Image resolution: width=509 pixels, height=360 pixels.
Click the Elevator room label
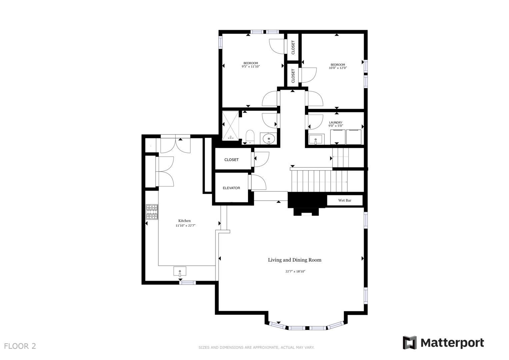231,188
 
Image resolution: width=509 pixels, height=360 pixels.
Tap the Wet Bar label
345,200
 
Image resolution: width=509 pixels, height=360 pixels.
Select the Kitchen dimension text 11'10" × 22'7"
185,226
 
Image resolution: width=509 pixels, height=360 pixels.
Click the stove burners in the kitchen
152,212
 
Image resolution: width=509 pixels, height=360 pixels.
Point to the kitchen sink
180,271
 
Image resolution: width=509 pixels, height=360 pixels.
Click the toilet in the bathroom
250,137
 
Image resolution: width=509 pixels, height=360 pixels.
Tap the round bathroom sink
269,138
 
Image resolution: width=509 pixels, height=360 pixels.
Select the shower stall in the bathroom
231,126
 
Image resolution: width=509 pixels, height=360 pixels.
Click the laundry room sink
316,139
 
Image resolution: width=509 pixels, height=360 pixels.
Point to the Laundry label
336,123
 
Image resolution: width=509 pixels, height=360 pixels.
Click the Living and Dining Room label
295,260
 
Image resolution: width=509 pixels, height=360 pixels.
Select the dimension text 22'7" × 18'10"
295,271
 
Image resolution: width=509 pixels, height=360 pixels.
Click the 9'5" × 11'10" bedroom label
251,65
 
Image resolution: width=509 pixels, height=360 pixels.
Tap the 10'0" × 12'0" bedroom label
338,66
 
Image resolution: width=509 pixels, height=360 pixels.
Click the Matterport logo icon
410,343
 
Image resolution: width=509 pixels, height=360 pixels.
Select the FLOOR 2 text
20,346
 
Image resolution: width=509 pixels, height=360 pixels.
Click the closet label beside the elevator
231,160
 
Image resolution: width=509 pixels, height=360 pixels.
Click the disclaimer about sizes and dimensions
256,347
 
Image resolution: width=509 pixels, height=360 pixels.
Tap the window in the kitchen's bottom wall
187,283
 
